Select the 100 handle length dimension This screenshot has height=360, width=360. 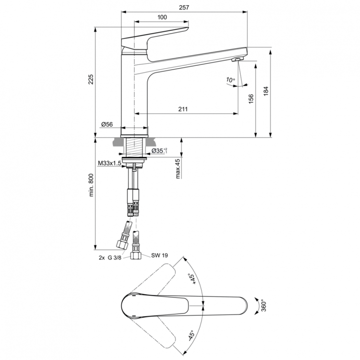coord(162,17)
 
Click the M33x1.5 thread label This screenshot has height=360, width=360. coord(109,164)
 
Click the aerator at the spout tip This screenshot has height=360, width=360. coord(236,59)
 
